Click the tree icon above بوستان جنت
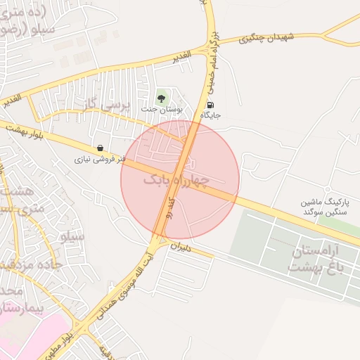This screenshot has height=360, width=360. (x=162, y=98)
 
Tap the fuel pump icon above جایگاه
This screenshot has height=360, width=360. (x=211, y=104)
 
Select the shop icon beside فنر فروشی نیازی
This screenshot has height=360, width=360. (x=101, y=148)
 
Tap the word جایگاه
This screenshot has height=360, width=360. (x=211, y=115)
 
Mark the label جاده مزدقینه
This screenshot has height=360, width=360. (x=28, y=264)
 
